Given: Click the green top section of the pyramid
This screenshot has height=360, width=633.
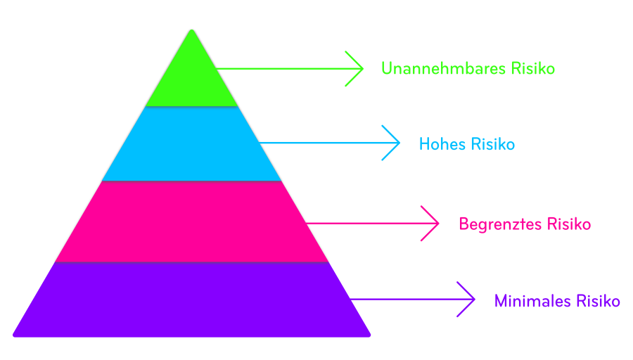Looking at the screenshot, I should point(191,77).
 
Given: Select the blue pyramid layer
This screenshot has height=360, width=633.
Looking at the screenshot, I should point(191,143).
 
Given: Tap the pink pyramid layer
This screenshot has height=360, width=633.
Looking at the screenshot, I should point(191,221).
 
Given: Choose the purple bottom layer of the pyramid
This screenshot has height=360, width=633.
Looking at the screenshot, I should point(191,299).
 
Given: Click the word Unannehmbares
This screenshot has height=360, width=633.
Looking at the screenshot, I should point(430,69).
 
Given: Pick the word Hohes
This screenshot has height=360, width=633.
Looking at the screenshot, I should point(442,145).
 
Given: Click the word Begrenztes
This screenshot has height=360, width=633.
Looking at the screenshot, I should point(500,224).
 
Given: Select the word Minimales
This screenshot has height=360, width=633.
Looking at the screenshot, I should point(532,302).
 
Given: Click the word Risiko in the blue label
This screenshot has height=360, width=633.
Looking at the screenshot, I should point(493,145).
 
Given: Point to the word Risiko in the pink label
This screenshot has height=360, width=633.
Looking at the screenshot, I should point(568,224).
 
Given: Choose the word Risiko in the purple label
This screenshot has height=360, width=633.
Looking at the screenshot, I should point(598,302).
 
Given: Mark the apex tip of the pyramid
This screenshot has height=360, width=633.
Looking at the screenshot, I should point(191,30).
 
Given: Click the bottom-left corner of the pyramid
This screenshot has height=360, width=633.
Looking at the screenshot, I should point(15,335).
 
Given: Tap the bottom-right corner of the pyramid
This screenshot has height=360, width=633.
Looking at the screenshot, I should point(369,335).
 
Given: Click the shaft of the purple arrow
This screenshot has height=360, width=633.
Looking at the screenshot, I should point(408,300).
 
